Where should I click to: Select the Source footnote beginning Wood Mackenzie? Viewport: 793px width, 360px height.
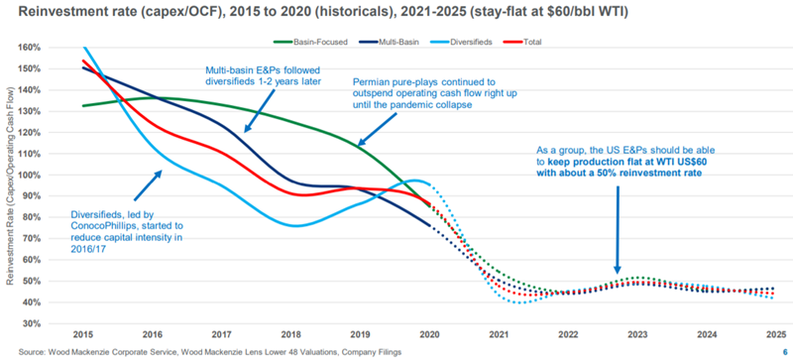198,351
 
